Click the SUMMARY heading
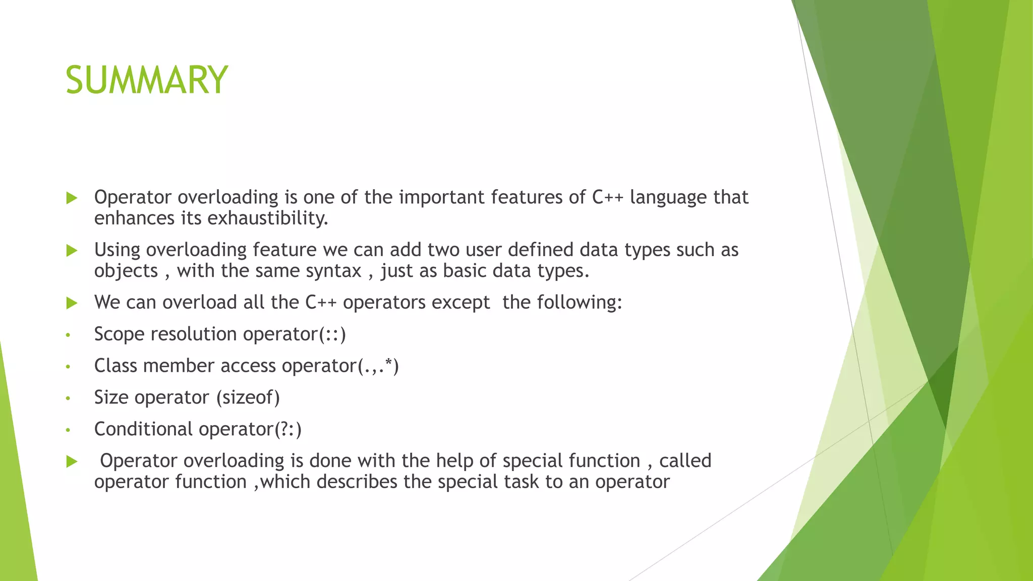pos(146,80)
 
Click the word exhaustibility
pos(267,218)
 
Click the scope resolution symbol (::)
pos(332,334)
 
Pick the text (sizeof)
pos(248,398)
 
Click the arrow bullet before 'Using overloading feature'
pos(72,251)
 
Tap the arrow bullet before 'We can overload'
pos(72,303)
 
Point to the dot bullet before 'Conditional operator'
pos(68,430)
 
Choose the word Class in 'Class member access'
pos(116,366)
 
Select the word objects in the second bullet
pos(126,271)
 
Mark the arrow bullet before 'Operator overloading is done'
pos(72,461)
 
